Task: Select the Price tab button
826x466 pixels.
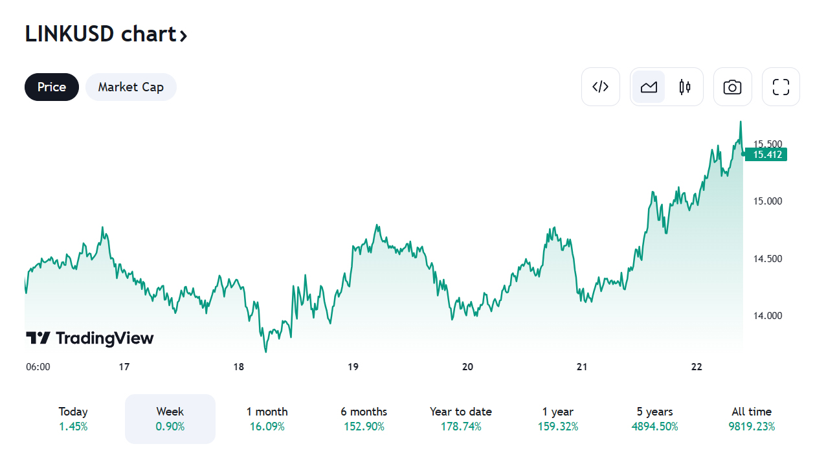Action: click(x=52, y=87)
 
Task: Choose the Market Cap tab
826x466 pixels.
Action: click(x=131, y=87)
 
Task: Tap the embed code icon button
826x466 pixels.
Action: click(x=601, y=87)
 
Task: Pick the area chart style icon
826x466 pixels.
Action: click(x=649, y=87)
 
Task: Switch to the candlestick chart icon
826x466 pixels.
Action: click(x=685, y=87)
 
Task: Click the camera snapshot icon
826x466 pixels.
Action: click(x=732, y=87)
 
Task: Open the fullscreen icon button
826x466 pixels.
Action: click(x=781, y=87)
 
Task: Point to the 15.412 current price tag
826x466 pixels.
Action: click(x=766, y=154)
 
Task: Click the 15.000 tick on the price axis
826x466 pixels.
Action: click(x=767, y=201)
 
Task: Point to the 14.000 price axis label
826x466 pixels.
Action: click(x=767, y=316)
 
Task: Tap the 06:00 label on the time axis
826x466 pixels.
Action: click(x=38, y=367)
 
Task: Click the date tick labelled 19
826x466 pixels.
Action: click(x=353, y=367)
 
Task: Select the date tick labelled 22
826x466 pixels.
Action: click(x=697, y=367)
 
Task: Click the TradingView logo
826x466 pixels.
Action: click(x=90, y=338)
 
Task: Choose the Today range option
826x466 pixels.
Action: click(x=73, y=419)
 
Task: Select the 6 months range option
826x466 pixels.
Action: click(x=364, y=419)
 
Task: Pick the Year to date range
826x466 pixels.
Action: click(x=461, y=419)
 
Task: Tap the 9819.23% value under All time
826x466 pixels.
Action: click(x=752, y=427)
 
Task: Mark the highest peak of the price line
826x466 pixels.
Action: click(x=741, y=122)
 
